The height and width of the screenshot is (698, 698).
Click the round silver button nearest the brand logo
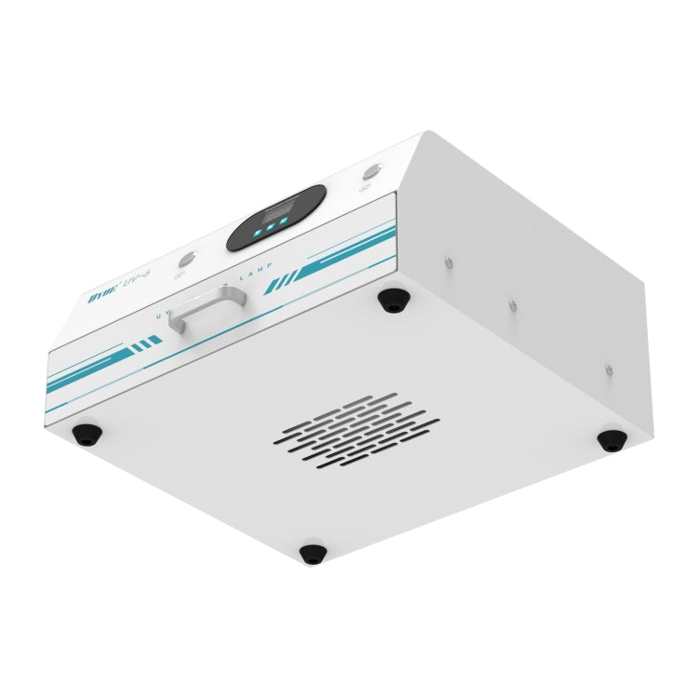187,257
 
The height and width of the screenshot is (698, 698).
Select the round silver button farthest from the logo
371,172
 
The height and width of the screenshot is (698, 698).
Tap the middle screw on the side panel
511,303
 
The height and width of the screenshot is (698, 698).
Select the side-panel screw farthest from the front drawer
609,369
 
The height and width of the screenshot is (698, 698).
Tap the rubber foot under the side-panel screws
611,440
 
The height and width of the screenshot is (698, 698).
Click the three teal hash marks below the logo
146,346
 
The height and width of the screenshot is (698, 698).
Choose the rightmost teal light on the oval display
282,223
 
